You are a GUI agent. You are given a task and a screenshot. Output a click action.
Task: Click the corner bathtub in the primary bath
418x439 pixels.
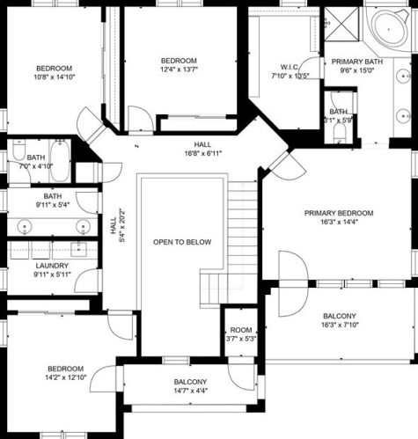point(389,29)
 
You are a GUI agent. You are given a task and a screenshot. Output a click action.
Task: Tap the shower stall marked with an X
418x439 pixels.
point(341,25)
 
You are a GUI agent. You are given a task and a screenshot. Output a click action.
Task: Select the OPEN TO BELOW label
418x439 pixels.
point(182,242)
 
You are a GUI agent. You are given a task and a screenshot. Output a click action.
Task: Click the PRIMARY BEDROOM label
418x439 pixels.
point(339,213)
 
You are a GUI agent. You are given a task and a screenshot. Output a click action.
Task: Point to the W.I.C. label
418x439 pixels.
point(290,67)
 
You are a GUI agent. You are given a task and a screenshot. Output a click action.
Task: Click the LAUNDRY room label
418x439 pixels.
point(52,266)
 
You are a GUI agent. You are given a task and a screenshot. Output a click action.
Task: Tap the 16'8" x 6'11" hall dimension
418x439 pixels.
point(203,153)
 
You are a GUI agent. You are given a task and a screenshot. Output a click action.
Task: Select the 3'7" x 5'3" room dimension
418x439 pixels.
point(241,339)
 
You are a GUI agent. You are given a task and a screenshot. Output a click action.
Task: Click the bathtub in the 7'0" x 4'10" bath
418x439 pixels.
point(60,161)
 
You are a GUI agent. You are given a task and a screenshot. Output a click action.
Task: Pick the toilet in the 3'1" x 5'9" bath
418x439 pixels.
point(340,134)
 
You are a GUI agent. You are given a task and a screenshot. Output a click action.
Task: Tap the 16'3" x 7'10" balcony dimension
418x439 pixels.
point(341,325)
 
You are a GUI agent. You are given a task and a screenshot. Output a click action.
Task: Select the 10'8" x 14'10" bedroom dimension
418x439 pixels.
point(55,77)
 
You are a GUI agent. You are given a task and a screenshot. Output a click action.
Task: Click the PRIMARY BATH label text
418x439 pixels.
point(357,62)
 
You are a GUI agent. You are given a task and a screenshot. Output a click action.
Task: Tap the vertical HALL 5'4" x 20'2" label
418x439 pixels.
point(117,225)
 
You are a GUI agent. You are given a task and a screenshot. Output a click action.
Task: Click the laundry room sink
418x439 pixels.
point(79,249)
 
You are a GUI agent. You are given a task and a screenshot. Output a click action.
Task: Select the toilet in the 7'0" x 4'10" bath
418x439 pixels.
point(18,150)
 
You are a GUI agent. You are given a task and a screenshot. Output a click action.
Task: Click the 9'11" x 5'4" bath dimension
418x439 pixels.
point(53,205)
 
